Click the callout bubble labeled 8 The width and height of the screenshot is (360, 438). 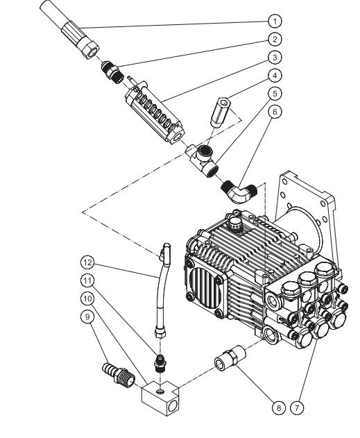pyautogui.click(x=277, y=407)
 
